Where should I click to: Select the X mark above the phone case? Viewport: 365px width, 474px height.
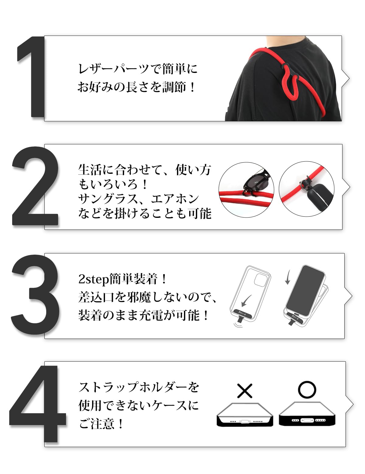click(245, 391)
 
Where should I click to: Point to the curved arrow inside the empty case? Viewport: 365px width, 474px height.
click(246, 301)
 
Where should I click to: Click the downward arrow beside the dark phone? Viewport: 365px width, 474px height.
click(288, 277)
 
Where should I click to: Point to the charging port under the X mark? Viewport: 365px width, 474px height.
click(245, 421)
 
